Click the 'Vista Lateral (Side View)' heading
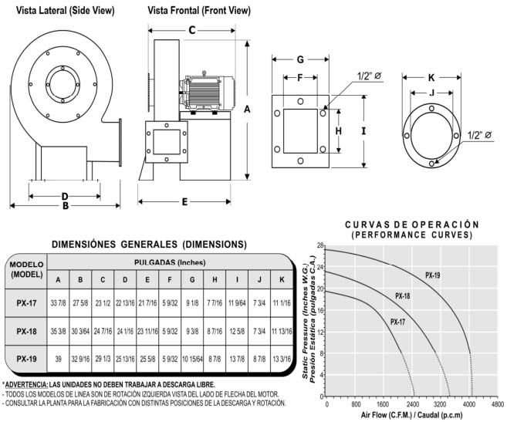pyautogui.click(x=60, y=10)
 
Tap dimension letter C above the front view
pyautogui.click(x=191, y=30)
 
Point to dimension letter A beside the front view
pyautogui.click(x=247, y=110)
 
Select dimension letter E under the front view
pyautogui.click(x=186, y=202)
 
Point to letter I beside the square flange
pyautogui.click(x=363, y=131)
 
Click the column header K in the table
pyautogui.click(x=282, y=279)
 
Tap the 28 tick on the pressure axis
pyautogui.click(x=319, y=245)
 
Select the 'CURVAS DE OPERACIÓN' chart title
pyautogui.click(x=407, y=225)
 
